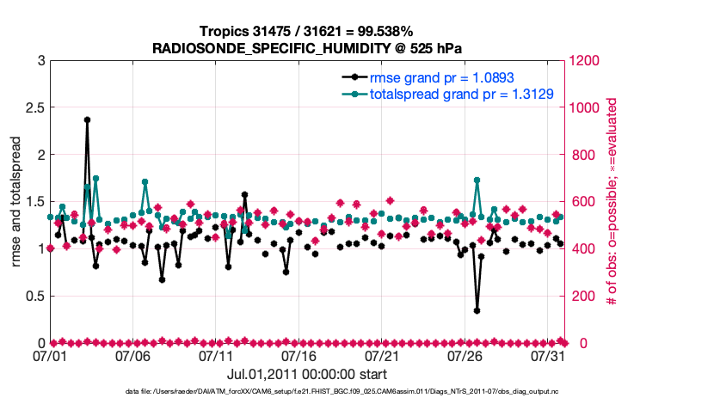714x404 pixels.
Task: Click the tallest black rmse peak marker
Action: pyautogui.click(x=87, y=120)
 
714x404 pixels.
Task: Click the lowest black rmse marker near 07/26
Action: pyautogui.click(x=477, y=310)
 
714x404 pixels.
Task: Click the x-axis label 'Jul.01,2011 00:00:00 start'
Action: pyautogui.click(x=306, y=374)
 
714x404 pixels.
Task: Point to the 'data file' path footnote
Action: pyautogui.click(x=356, y=393)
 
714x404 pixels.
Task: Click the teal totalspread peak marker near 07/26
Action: pyautogui.click(x=477, y=181)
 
